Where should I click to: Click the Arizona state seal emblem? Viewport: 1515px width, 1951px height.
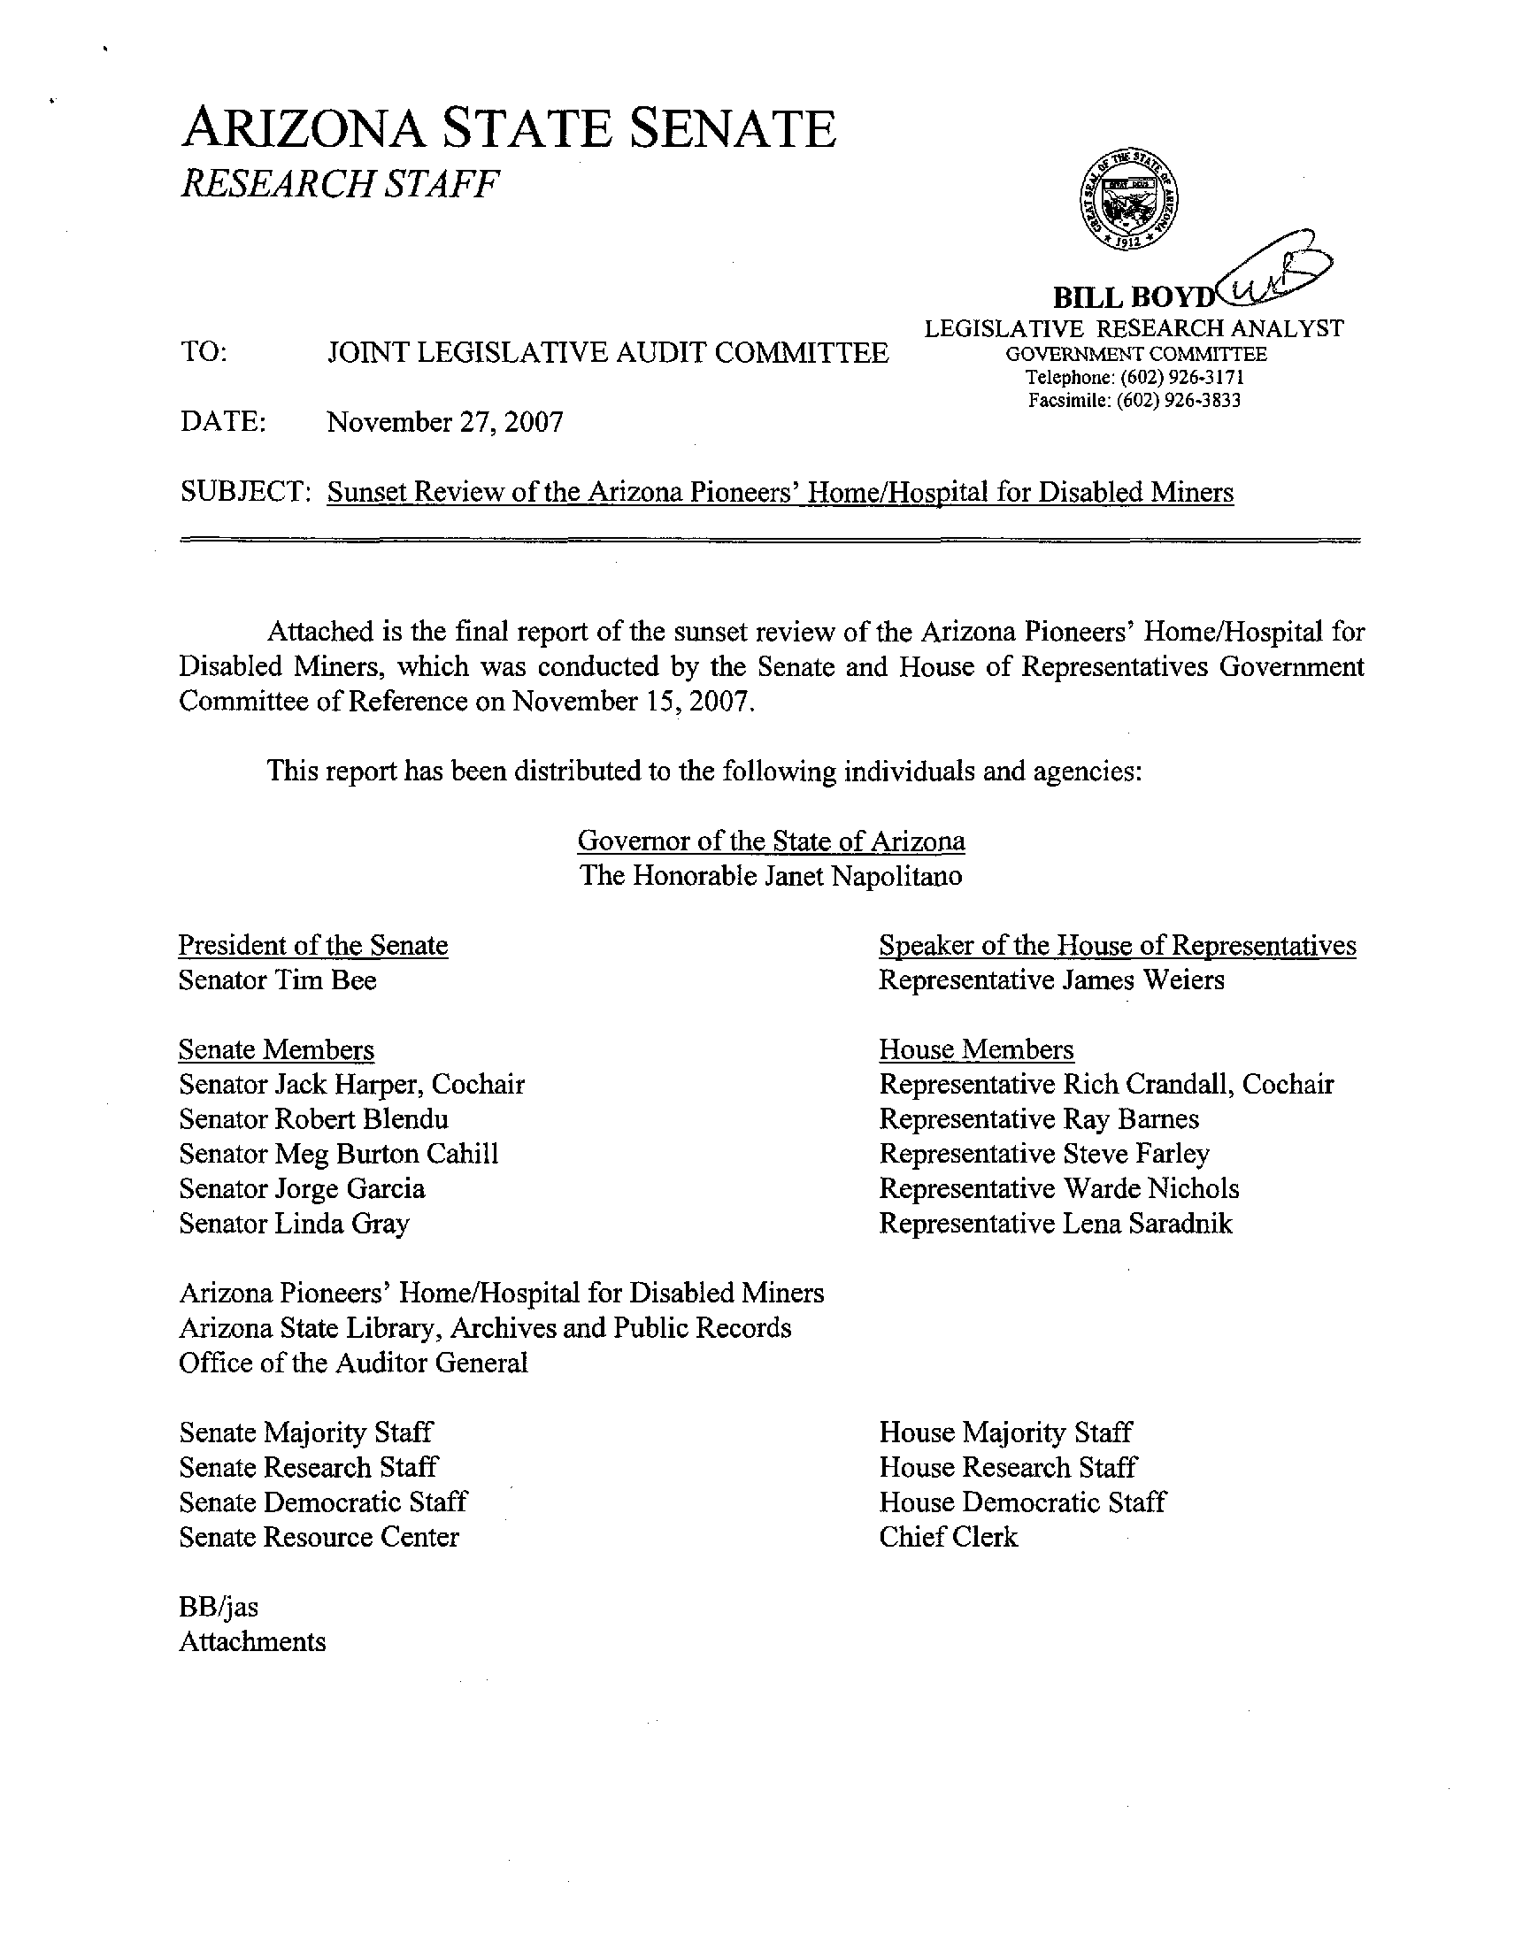coord(1128,199)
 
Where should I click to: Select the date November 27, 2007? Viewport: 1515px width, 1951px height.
coord(445,422)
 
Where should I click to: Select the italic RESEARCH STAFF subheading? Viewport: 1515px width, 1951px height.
coord(340,184)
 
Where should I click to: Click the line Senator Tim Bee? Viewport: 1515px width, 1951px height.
coord(277,980)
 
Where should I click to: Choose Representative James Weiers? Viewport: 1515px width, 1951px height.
coord(1051,980)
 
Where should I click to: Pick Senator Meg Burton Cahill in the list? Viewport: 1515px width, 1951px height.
coord(339,1154)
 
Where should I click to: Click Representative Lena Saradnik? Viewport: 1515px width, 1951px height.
coord(1055,1224)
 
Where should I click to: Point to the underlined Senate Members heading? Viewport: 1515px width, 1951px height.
coord(276,1049)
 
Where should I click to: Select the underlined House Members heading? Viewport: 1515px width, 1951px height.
coord(976,1049)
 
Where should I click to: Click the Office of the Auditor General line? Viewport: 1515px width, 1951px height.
coord(353,1363)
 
